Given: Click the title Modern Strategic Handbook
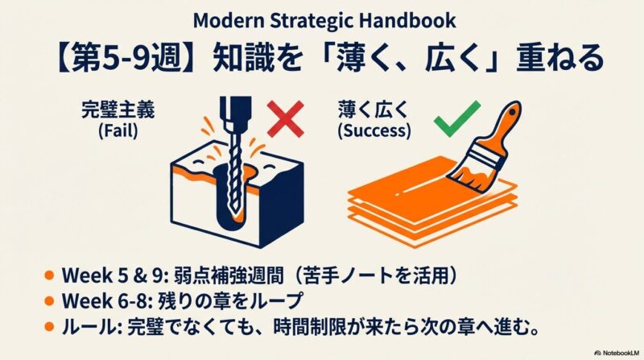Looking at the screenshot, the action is (x=324, y=21).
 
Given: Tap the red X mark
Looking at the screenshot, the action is (x=286, y=118).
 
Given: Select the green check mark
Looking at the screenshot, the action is (x=457, y=118).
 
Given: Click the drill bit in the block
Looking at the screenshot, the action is (x=234, y=172).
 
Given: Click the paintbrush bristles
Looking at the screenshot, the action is (x=469, y=175).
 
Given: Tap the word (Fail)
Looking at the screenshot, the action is (x=118, y=131).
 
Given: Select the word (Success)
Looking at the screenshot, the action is (x=374, y=131).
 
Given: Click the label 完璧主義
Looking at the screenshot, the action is (x=118, y=110).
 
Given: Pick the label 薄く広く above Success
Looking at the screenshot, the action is (x=374, y=110).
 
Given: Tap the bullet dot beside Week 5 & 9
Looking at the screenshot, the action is (x=49, y=275).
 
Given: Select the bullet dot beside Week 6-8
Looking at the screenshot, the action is (x=49, y=301).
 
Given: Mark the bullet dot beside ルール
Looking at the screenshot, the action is (x=49, y=327).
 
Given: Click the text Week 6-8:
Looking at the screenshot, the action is (x=108, y=301).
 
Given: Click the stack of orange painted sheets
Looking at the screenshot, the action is (x=431, y=201).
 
